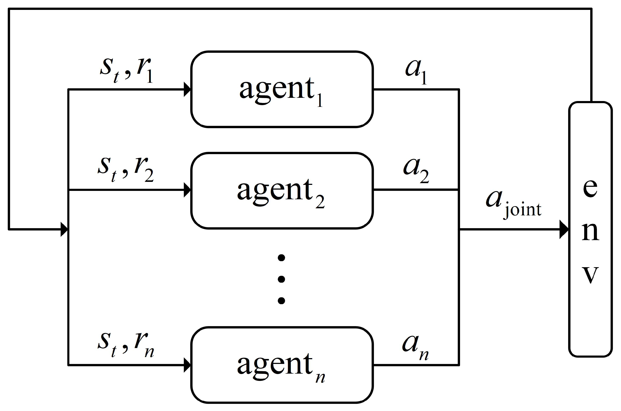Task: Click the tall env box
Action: [590, 229]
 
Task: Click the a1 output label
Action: [416, 71]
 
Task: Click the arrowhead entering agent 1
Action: [187, 89]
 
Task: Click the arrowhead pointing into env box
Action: [564, 229]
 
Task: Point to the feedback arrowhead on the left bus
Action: [64, 229]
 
